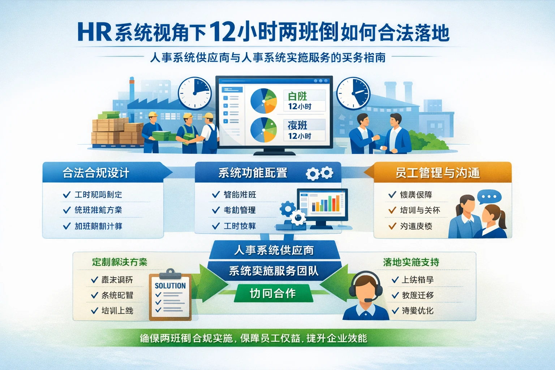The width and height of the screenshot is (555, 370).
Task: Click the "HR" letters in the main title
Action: pos(94,32)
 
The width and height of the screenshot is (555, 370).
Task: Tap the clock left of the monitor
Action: pos(195,93)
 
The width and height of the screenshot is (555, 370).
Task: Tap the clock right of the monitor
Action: pos(353,93)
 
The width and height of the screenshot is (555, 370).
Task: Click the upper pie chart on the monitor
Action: pos(263,101)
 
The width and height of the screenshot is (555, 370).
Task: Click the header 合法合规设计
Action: pos(96,173)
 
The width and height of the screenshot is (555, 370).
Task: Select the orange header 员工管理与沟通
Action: pos(438,173)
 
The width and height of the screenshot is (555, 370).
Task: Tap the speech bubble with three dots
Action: pos(489,197)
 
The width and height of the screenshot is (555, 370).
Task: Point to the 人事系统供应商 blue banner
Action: pos(274,250)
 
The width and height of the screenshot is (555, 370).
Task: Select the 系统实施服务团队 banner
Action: pos(274,271)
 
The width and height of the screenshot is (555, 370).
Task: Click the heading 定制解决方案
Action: pos(120,262)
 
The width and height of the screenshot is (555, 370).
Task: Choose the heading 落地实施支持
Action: pos(411,262)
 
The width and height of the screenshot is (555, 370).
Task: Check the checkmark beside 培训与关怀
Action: pos(392,210)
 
